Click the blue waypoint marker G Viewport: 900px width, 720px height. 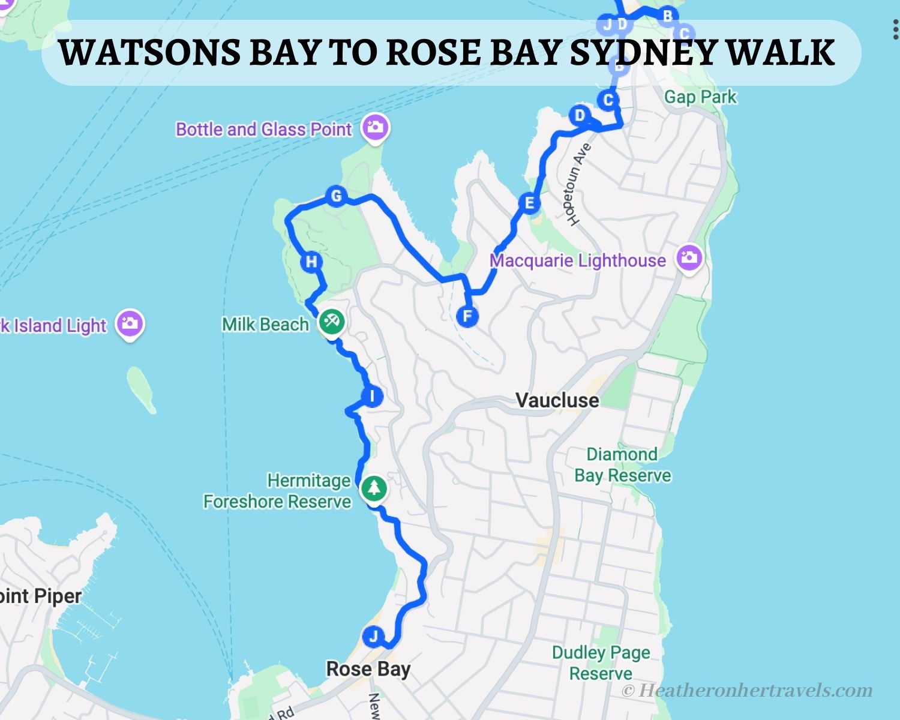pos(336,196)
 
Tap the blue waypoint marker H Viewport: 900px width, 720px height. pos(311,262)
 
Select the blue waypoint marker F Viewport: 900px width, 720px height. pos(467,316)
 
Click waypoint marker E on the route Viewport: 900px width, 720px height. pos(529,203)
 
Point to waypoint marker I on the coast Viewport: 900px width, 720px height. pos(373,397)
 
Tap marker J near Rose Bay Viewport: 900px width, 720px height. pos(373,636)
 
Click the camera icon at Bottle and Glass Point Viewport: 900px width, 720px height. pos(376,127)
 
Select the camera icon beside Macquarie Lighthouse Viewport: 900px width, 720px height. pos(689,258)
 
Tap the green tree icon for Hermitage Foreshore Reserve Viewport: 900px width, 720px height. pos(374,488)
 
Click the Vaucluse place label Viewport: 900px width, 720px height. pos(557,400)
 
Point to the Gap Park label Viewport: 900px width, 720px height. pos(700,97)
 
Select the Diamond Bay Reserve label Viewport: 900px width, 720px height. pos(622,465)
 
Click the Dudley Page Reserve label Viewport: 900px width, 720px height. pos(601,663)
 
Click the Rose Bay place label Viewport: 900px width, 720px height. pos(368,669)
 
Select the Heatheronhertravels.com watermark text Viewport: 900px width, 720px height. pos(747,691)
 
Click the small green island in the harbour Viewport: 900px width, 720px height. pos(142,389)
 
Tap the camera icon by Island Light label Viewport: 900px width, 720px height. pos(130,324)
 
